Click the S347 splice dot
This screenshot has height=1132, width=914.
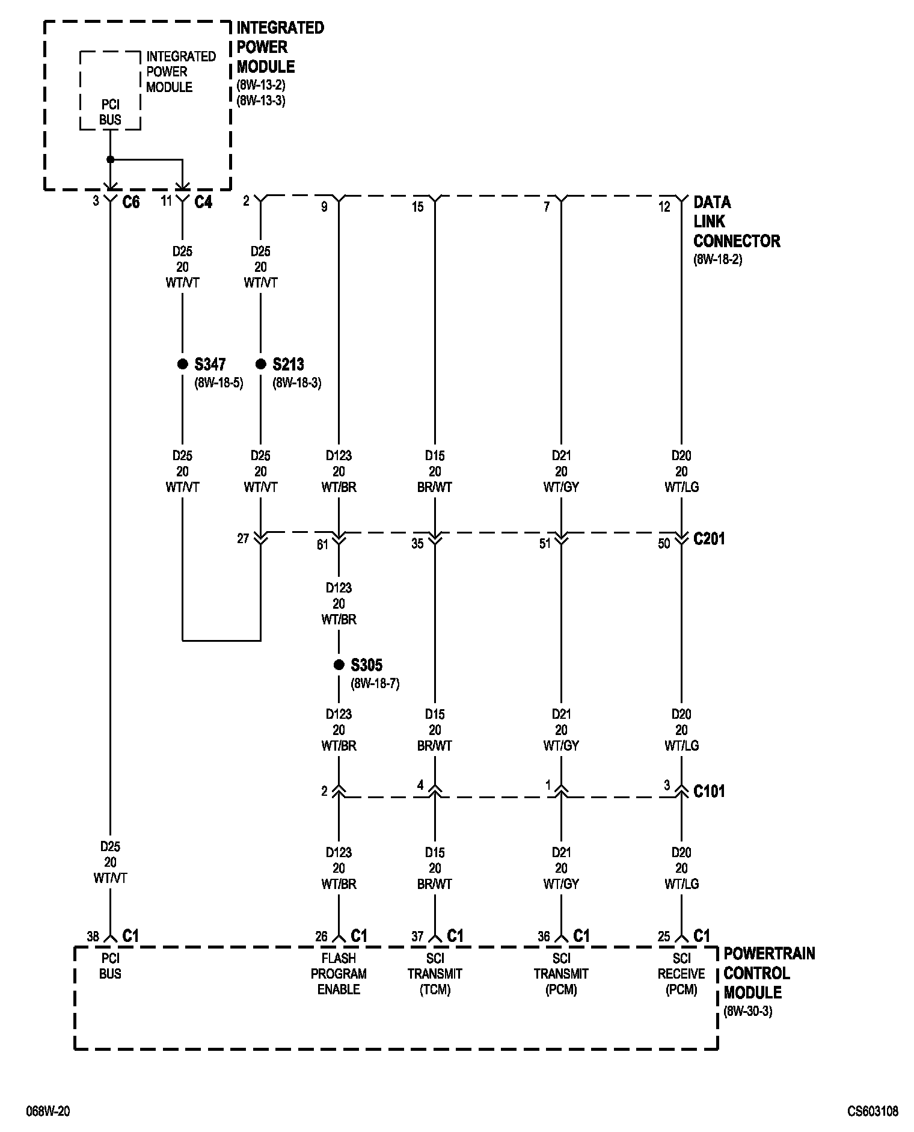tap(182, 364)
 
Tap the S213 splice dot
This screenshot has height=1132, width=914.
tap(260, 364)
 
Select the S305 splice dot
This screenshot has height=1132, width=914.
tap(339, 665)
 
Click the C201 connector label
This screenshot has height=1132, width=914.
tap(709, 539)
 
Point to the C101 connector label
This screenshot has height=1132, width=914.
tap(709, 791)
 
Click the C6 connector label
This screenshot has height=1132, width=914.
tap(130, 202)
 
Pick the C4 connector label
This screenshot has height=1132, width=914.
tap(203, 202)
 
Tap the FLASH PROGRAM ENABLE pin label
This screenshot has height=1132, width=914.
tap(339, 973)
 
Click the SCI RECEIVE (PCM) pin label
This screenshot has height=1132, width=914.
tap(681, 973)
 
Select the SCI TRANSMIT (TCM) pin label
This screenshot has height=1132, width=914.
tap(435, 973)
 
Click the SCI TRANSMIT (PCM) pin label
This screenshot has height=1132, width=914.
tap(561, 973)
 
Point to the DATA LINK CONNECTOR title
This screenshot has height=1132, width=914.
tap(737, 221)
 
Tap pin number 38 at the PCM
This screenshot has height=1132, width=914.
tap(93, 936)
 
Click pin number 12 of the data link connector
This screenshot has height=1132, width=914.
tap(664, 207)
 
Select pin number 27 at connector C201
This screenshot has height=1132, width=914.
tap(242, 538)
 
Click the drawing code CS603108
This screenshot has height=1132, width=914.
tap(873, 1111)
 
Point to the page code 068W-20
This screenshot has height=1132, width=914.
tap(48, 1111)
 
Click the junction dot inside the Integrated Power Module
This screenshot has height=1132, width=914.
tap(110, 159)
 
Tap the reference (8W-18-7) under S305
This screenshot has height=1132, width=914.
tap(375, 683)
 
